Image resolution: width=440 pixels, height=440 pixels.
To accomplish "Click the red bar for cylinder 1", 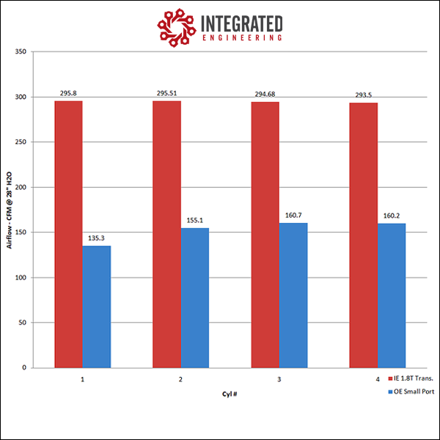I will (68, 234).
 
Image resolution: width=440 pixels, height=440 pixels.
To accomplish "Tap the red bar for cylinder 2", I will (166, 234).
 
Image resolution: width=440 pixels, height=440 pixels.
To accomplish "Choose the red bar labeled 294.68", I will (265, 235).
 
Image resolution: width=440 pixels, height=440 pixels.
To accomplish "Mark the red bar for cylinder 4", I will (363, 235).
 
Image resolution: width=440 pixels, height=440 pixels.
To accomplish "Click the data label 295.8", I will (68, 93).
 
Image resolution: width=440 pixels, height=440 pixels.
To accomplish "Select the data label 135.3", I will (97, 238).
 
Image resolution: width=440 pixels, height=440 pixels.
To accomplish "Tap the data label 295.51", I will (166, 93).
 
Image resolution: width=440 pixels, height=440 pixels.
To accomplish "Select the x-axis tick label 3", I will (279, 380).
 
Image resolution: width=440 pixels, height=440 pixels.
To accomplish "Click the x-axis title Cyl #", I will (230, 394).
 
